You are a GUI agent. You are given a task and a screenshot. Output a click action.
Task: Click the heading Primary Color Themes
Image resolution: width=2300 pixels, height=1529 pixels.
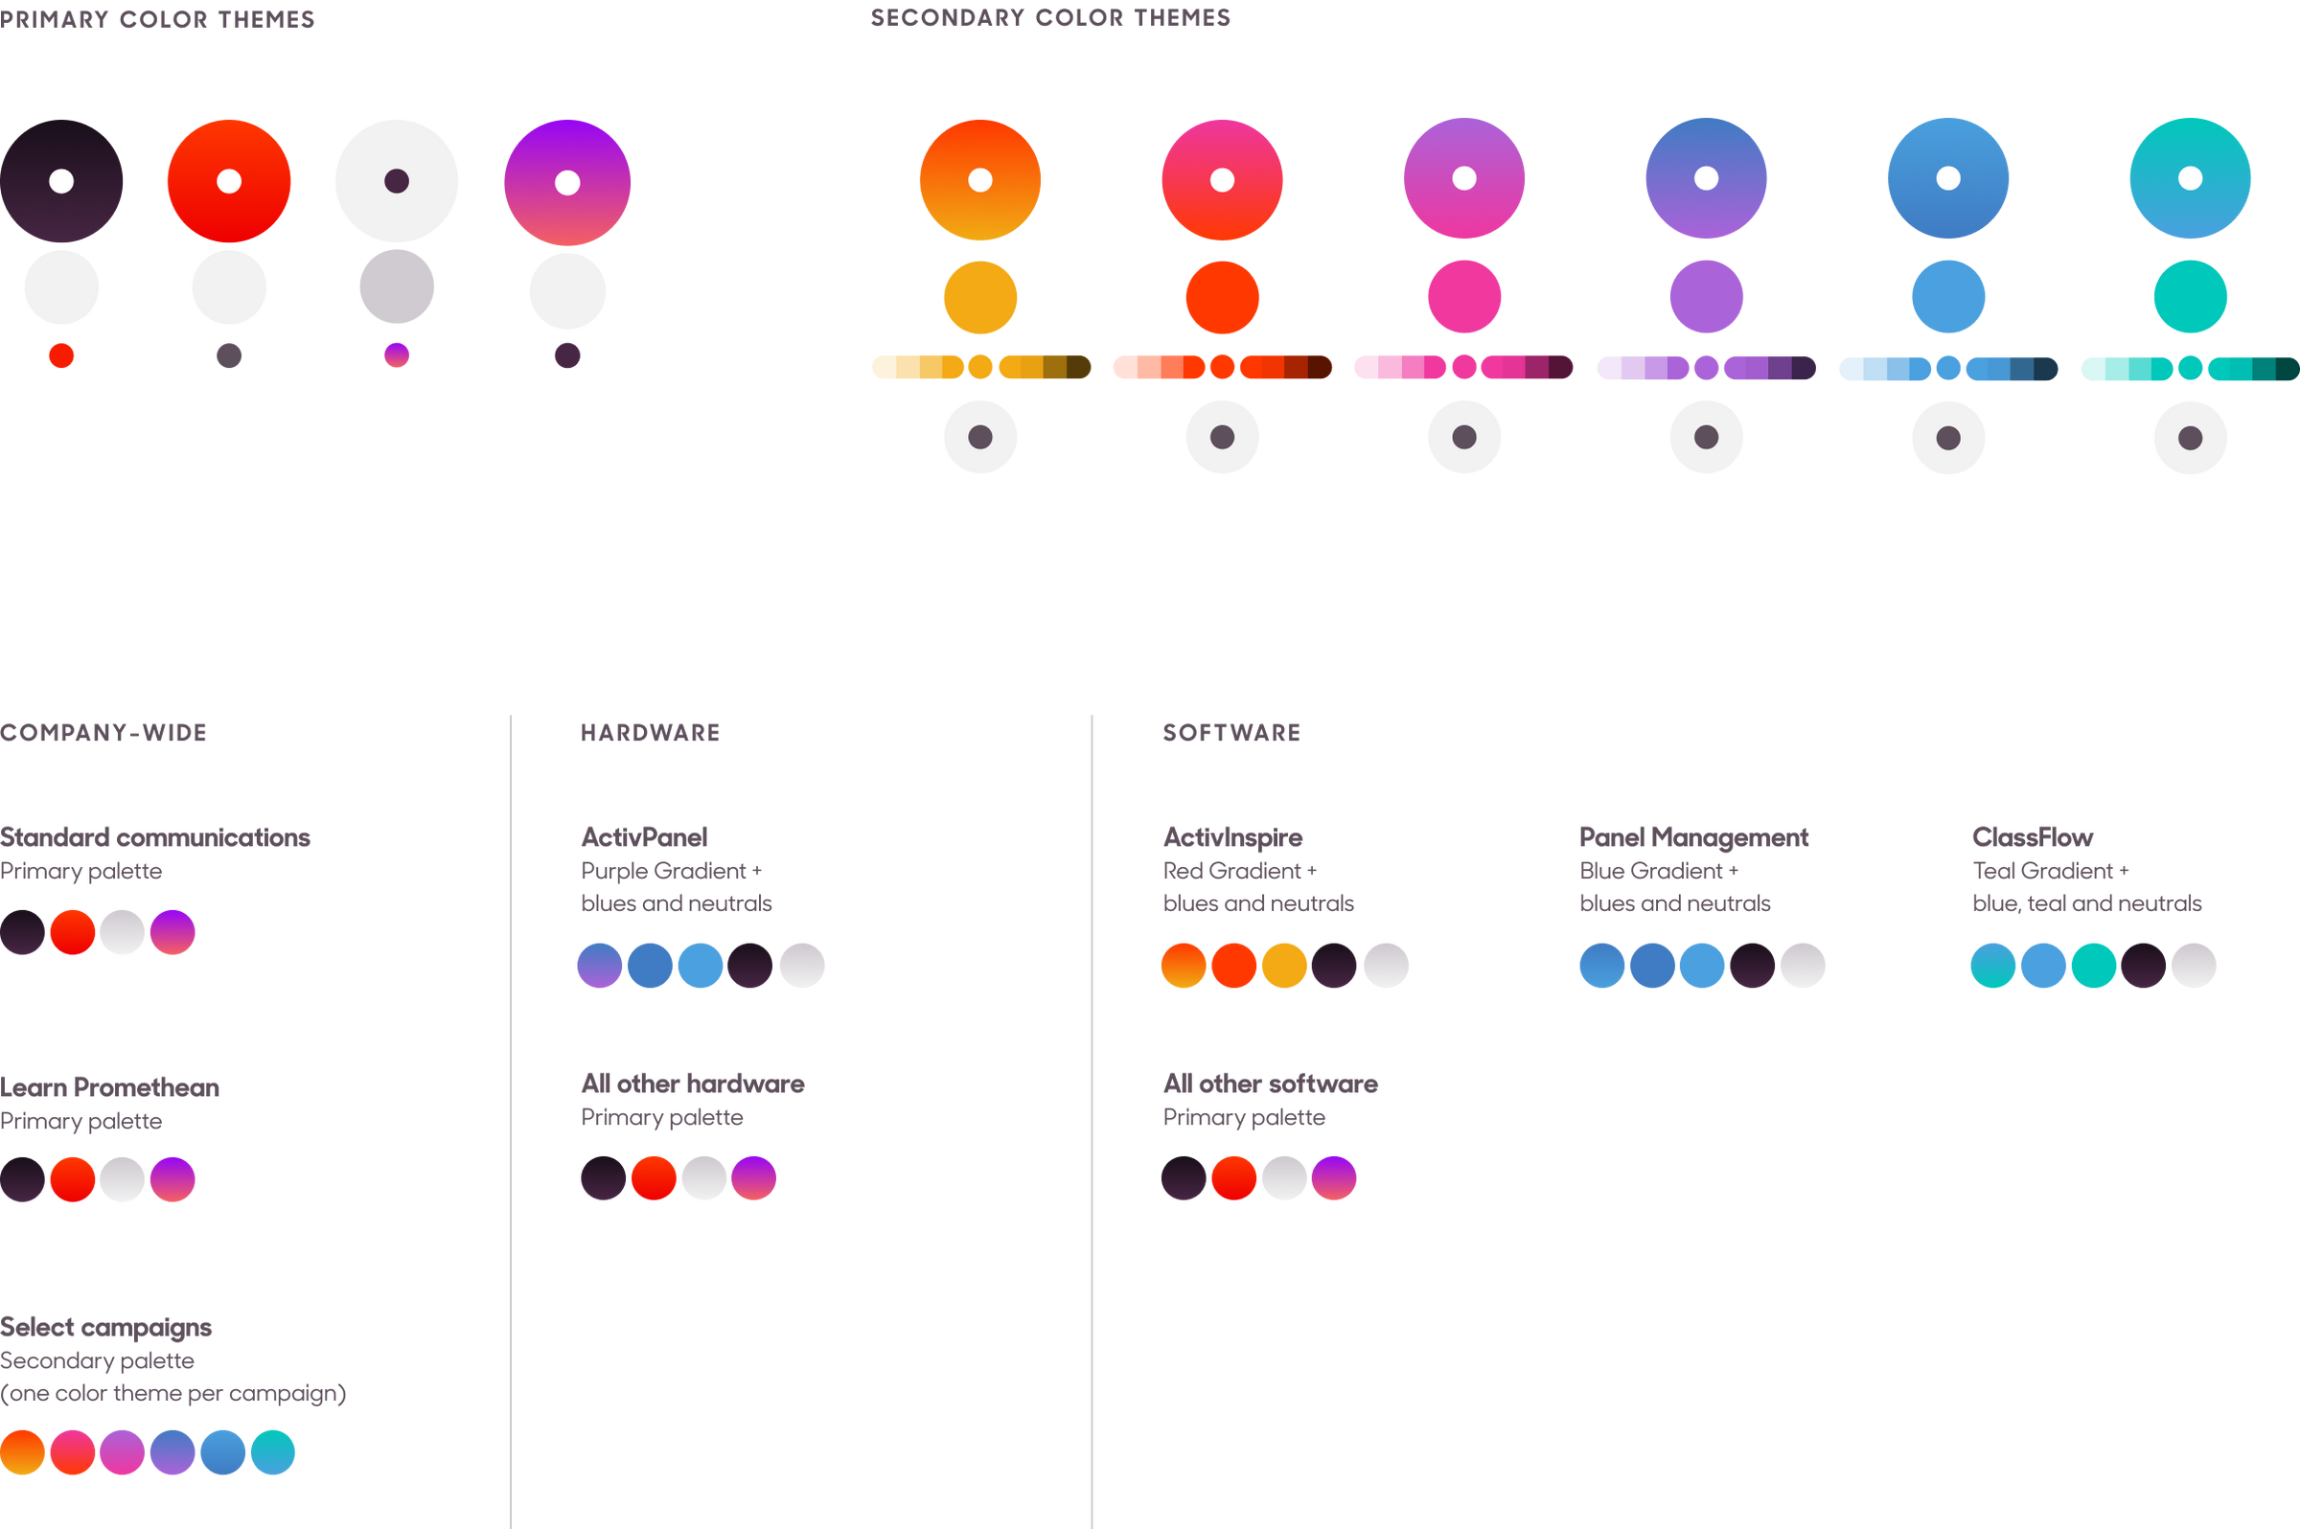[158, 19]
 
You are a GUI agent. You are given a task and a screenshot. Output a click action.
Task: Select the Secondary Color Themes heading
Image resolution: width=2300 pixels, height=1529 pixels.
[1049, 17]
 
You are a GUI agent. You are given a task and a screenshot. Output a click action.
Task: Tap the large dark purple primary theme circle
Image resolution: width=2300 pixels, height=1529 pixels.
[61, 181]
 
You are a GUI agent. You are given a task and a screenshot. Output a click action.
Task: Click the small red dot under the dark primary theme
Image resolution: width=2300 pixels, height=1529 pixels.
[61, 356]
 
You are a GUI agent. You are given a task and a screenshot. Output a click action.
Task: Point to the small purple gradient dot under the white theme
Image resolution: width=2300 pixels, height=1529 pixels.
[396, 354]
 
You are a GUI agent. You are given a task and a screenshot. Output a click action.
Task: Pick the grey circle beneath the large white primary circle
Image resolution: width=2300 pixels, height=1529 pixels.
[396, 287]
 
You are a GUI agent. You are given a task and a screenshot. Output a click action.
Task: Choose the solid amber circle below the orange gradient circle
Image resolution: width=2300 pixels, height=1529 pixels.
[980, 297]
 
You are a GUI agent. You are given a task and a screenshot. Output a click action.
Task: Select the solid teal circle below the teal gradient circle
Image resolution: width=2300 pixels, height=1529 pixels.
[2190, 296]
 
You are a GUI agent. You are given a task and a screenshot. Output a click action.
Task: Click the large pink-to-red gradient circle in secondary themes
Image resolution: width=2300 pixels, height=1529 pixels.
[1221, 180]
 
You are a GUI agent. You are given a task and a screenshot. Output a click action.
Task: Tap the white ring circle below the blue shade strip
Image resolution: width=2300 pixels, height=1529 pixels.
[1948, 437]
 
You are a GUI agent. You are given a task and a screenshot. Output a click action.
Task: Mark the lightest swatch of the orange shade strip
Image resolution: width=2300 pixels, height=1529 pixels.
[883, 368]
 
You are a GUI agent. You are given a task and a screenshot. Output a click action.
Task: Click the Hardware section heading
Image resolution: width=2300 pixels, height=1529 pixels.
[650, 732]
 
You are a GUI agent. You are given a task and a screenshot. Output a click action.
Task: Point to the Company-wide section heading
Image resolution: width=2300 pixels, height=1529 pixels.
[103, 732]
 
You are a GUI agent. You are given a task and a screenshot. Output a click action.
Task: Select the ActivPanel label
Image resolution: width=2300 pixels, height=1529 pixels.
[644, 836]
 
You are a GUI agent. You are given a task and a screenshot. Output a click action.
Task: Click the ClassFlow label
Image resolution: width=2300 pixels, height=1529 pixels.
[2032, 836]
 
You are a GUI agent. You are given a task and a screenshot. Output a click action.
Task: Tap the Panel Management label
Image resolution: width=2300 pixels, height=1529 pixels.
[1693, 836]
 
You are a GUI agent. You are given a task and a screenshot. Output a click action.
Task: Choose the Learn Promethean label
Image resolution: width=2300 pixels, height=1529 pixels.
[110, 1087]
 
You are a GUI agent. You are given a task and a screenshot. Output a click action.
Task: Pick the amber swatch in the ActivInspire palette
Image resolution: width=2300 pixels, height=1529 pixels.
[1283, 966]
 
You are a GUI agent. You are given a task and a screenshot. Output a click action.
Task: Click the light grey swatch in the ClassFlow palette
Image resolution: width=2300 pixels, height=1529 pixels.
[2193, 966]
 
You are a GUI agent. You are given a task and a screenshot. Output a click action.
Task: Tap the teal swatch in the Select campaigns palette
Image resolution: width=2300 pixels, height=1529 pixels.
[273, 1452]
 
